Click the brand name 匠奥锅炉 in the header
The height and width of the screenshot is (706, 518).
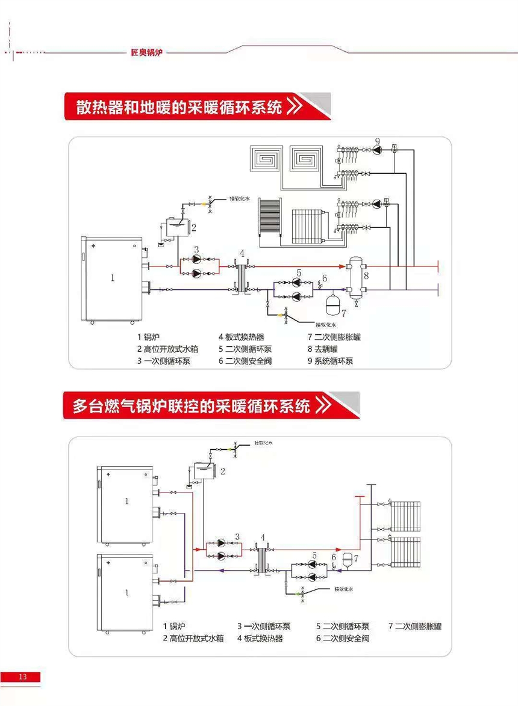[147, 52]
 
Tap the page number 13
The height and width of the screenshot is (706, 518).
[23, 677]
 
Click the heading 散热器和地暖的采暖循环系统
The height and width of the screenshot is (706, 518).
[179, 107]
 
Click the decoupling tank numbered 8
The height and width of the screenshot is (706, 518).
[355, 276]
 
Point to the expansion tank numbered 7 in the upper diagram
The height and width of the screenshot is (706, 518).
[332, 303]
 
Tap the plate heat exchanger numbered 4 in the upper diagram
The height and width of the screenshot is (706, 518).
[242, 277]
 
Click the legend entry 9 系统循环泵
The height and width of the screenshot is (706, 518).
[329, 361]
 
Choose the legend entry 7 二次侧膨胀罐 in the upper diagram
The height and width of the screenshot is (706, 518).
[334, 337]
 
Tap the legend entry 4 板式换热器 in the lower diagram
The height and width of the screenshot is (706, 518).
[260, 638]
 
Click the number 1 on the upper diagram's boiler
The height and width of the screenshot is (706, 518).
[112, 277]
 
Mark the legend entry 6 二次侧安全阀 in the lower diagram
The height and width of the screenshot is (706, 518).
[342, 638]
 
